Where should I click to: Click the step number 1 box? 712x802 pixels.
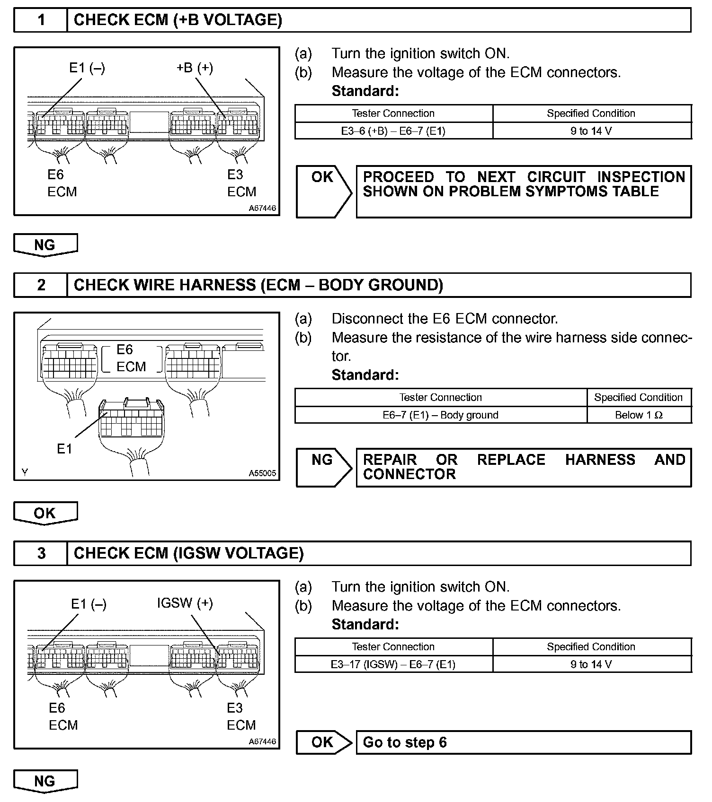coord(41,20)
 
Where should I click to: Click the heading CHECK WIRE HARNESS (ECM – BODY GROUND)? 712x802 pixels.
coord(258,285)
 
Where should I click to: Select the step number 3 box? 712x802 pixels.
coord(41,553)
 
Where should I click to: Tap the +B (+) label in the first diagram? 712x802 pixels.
coord(195,68)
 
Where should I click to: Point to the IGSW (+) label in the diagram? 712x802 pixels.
coord(185,603)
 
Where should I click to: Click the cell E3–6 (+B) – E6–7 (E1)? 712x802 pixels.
coord(393,131)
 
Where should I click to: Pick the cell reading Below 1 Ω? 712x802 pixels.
coord(639,415)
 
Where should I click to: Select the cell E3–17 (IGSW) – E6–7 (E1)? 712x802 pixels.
coord(393,664)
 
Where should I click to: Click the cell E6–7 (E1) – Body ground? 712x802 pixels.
coord(440,415)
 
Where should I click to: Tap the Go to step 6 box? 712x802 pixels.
coord(523,742)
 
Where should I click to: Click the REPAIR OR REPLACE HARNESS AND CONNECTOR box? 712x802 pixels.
coord(523,467)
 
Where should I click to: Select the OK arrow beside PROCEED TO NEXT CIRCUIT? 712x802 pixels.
coord(324,192)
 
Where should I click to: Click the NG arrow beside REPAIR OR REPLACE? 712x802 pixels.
coord(324,467)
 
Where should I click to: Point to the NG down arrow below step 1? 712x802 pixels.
coord(45,245)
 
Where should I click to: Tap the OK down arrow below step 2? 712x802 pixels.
coord(45,513)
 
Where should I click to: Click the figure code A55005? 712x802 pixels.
coord(262,473)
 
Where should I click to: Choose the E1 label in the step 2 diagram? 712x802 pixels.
coord(64,449)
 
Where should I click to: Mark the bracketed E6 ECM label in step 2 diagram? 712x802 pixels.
coord(131,358)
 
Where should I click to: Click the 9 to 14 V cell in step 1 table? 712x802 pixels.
coord(591,131)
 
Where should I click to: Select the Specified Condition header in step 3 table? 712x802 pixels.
coord(591,647)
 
